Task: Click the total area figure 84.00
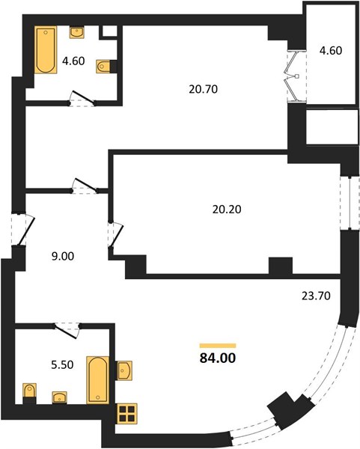(218, 358)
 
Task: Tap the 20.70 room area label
(204, 89)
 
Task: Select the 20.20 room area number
(227, 210)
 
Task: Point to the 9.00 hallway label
(63, 256)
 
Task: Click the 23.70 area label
(316, 296)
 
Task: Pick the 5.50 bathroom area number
(62, 365)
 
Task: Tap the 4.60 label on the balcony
(331, 51)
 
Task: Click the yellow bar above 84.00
(218, 346)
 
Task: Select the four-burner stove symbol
(127, 414)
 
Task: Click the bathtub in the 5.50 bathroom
(98, 380)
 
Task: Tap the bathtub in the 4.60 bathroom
(46, 50)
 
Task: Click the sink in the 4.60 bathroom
(77, 32)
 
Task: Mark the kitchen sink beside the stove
(123, 370)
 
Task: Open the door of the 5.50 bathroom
(67, 330)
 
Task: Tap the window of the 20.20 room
(350, 203)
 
